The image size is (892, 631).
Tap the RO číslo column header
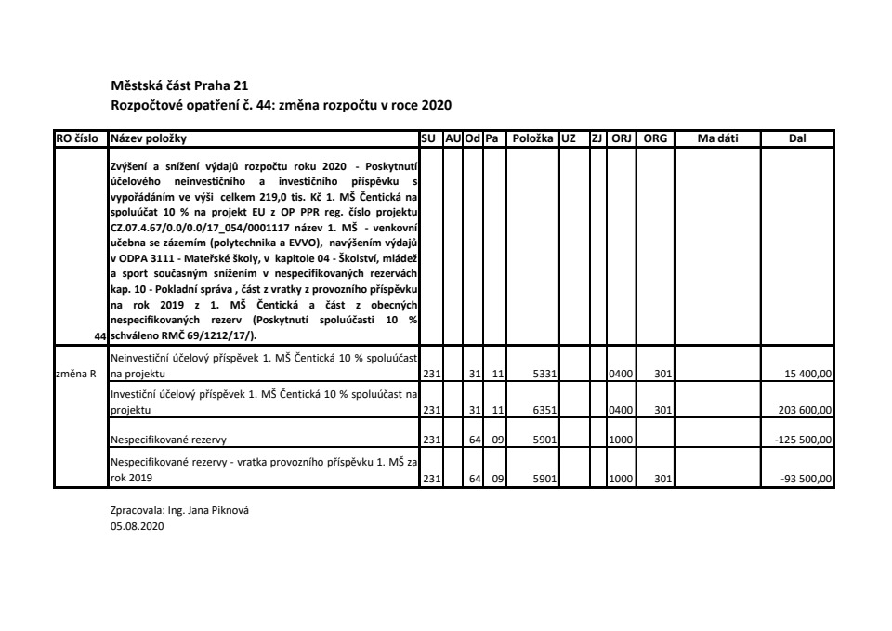point(79,138)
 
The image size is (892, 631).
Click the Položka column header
point(531,138)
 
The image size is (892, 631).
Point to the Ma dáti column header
point(716,138)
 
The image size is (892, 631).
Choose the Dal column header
point(796,138)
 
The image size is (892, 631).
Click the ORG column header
point(655,138)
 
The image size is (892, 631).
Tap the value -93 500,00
point(807,479)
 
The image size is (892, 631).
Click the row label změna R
point(73,375)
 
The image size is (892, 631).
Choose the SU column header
point(430,138)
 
